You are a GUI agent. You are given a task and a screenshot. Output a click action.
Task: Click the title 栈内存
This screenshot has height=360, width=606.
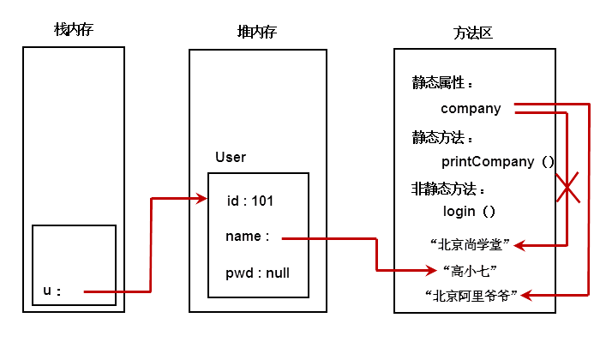(x=73, y=31)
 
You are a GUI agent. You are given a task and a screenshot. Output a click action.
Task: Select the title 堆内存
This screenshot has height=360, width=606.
(x=256, y=32)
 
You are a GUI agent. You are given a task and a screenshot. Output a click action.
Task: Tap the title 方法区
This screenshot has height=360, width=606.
(x=472, y=33)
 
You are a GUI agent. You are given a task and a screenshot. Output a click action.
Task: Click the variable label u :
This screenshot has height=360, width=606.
(x=52, y=291)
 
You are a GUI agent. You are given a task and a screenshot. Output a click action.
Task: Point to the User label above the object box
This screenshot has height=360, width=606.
(x=231, y=157)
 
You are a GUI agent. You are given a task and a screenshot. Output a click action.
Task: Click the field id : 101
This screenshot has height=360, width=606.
(x=249, y=201)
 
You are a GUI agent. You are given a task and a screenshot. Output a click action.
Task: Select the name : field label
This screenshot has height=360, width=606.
(x=247, y=237)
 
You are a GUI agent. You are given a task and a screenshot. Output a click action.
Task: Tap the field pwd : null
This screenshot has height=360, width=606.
(x=257, y=273)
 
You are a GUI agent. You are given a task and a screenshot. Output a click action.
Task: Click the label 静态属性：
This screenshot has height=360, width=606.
(x=442, y=83)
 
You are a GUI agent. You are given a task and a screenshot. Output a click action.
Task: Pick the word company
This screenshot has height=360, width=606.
(x=471, y=109)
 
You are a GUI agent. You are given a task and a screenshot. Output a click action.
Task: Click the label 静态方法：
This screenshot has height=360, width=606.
(x=442, y=137)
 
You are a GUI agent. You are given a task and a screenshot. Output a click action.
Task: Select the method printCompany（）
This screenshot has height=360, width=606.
(x=497, y=161)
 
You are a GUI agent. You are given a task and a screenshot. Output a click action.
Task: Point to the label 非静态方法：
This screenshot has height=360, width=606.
(x=448, y=189)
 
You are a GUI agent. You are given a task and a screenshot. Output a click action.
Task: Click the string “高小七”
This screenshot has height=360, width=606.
(x=470, y=271)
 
